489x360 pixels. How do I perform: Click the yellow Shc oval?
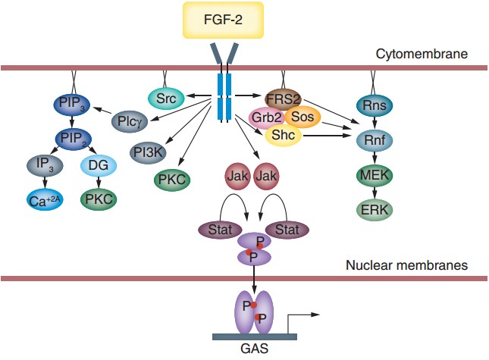point(283,135)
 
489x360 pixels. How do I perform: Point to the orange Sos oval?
point(302,117)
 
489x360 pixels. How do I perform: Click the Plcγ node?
point(128,121)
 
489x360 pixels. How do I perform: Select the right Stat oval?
point(286,228)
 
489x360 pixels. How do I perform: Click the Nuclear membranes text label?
point(406,265)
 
